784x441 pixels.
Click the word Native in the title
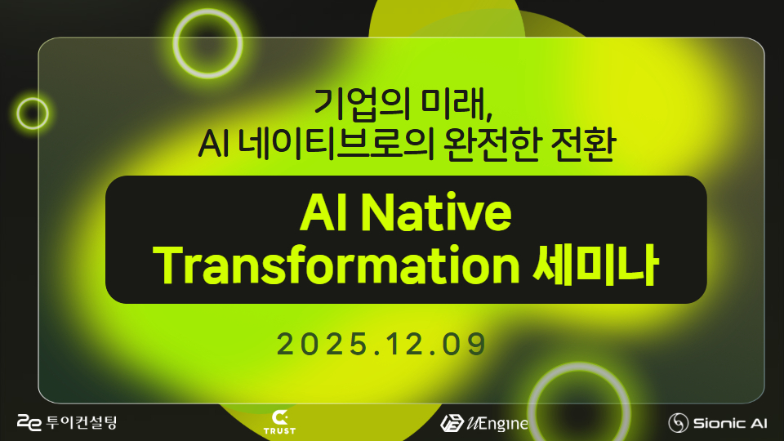[x=435, y=212]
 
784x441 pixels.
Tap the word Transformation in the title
[x=336, y=265]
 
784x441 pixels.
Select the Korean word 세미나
[x=595, y=265]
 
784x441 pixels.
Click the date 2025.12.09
[x=381, y=344]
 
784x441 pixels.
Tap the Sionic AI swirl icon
[x=678, y=423]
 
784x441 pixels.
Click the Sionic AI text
[x=730, y=424]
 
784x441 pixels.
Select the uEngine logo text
[x=497, y=424]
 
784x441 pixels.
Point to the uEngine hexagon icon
[x=452, y=424]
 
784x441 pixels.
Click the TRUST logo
[x=279, y=422]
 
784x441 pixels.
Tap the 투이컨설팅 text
[x=81, y=422]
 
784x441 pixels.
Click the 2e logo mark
[x=29, y=422]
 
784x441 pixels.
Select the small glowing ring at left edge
[x=18, y=113]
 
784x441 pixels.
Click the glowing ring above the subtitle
[x=176, y=44]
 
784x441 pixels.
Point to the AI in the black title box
[x=324, y=212]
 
